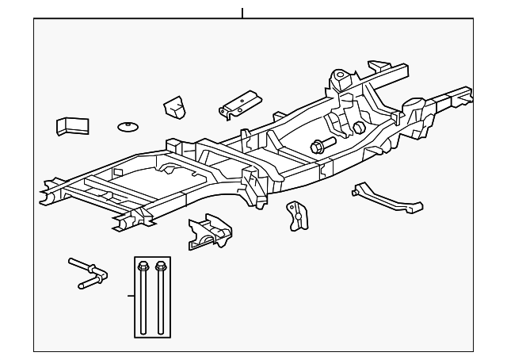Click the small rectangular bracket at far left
(x=71, y=125)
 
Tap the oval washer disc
(x=128, y=126)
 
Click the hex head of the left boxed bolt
(x=143, y=265)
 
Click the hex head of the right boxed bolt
(x=162, y=265)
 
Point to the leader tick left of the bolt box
(x=131, y=296)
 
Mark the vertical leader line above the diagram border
(x=242, y=13)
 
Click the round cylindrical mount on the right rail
(x=414, y=105)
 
